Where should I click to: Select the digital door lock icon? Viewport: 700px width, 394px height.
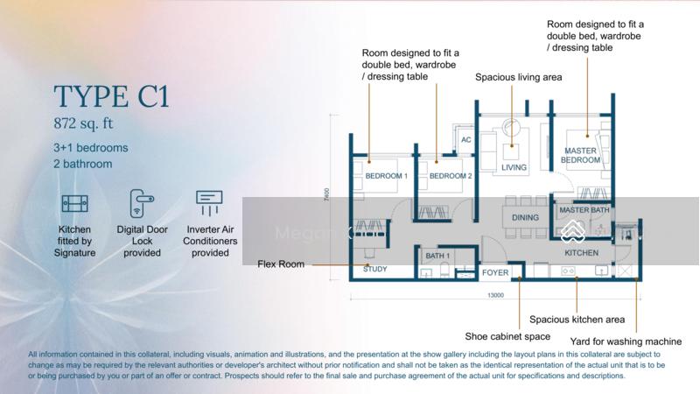[142, 204]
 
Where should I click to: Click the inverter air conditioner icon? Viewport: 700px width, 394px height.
[209, 204]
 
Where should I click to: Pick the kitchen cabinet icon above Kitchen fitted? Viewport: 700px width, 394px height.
[75, 204]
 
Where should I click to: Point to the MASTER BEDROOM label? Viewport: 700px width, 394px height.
[580, 154]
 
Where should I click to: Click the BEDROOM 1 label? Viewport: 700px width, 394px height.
[386, 176]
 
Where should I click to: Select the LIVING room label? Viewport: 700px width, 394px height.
[514, 167]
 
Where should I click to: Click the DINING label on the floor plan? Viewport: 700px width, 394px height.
[525, 218]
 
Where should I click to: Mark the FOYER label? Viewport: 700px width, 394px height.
[495, 273]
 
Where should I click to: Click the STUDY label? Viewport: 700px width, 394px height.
[374, 270]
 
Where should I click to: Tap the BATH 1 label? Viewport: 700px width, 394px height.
[437, 256]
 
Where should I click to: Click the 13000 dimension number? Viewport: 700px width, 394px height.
[496, 297]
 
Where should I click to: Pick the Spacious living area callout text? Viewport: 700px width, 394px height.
[519, 77]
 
